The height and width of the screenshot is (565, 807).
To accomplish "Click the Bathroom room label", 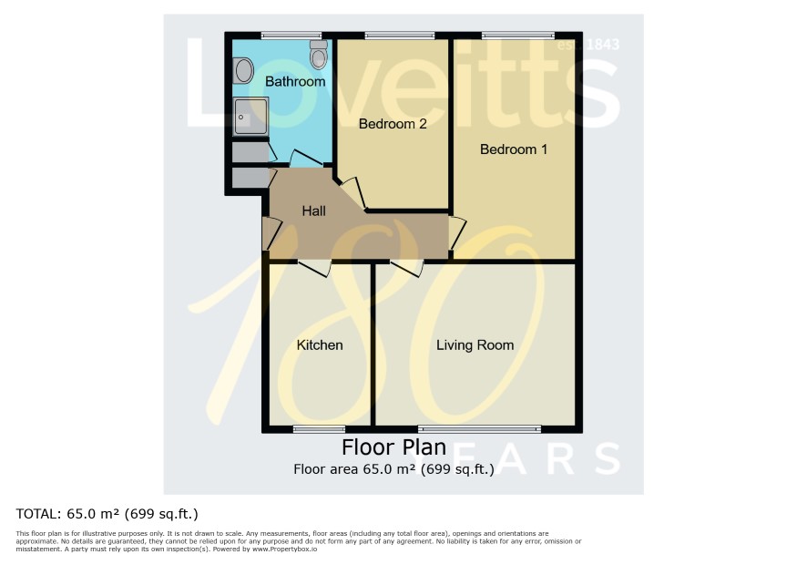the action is [295, 81].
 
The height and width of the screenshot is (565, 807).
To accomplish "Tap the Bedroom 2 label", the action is [393, 124].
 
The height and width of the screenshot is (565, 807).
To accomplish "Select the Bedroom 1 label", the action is [513, 149].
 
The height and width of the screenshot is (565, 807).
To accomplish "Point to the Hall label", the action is [314, 211].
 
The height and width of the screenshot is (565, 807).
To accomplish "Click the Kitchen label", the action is [320, 345].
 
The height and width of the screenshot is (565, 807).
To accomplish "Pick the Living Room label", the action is [475, 345].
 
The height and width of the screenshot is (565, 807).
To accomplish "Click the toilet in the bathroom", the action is [319, 55].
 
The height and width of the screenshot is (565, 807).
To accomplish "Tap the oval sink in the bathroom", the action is [243, 70].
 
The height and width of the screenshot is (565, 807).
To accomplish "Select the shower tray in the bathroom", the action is [250, 117].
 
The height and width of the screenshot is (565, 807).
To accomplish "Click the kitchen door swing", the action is [314, 268].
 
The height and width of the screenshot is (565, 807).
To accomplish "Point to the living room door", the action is [406, 268].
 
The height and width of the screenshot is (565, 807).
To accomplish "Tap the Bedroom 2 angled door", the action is [353, 194].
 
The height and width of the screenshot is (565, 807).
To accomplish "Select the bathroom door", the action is [306, 159].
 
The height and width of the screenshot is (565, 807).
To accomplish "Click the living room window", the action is [479, 429].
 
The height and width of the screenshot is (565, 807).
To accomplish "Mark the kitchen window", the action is [319, 429].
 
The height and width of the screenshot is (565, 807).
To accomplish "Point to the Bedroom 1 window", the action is [517, 36].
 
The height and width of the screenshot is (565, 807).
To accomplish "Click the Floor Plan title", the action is [393, 447].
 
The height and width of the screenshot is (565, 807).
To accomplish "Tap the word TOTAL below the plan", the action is [36, 514].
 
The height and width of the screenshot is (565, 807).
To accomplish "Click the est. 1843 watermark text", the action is [588, 45].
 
